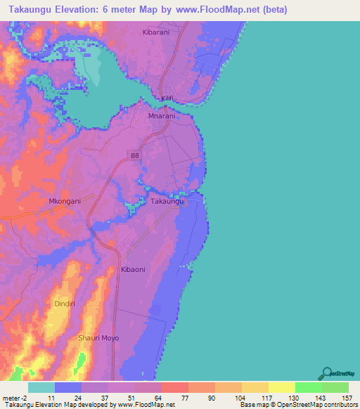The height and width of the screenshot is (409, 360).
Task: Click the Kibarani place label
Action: point(156,34)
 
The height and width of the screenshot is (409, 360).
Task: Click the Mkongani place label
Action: point(65,201)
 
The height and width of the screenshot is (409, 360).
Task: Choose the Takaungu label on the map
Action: point(168,202)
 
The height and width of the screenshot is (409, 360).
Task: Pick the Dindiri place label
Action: point(67,304)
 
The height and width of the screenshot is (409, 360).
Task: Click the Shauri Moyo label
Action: point(98,338)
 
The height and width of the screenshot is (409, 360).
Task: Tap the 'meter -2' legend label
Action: point(14,398)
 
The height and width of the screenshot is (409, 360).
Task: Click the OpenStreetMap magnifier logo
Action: point(326,373)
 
